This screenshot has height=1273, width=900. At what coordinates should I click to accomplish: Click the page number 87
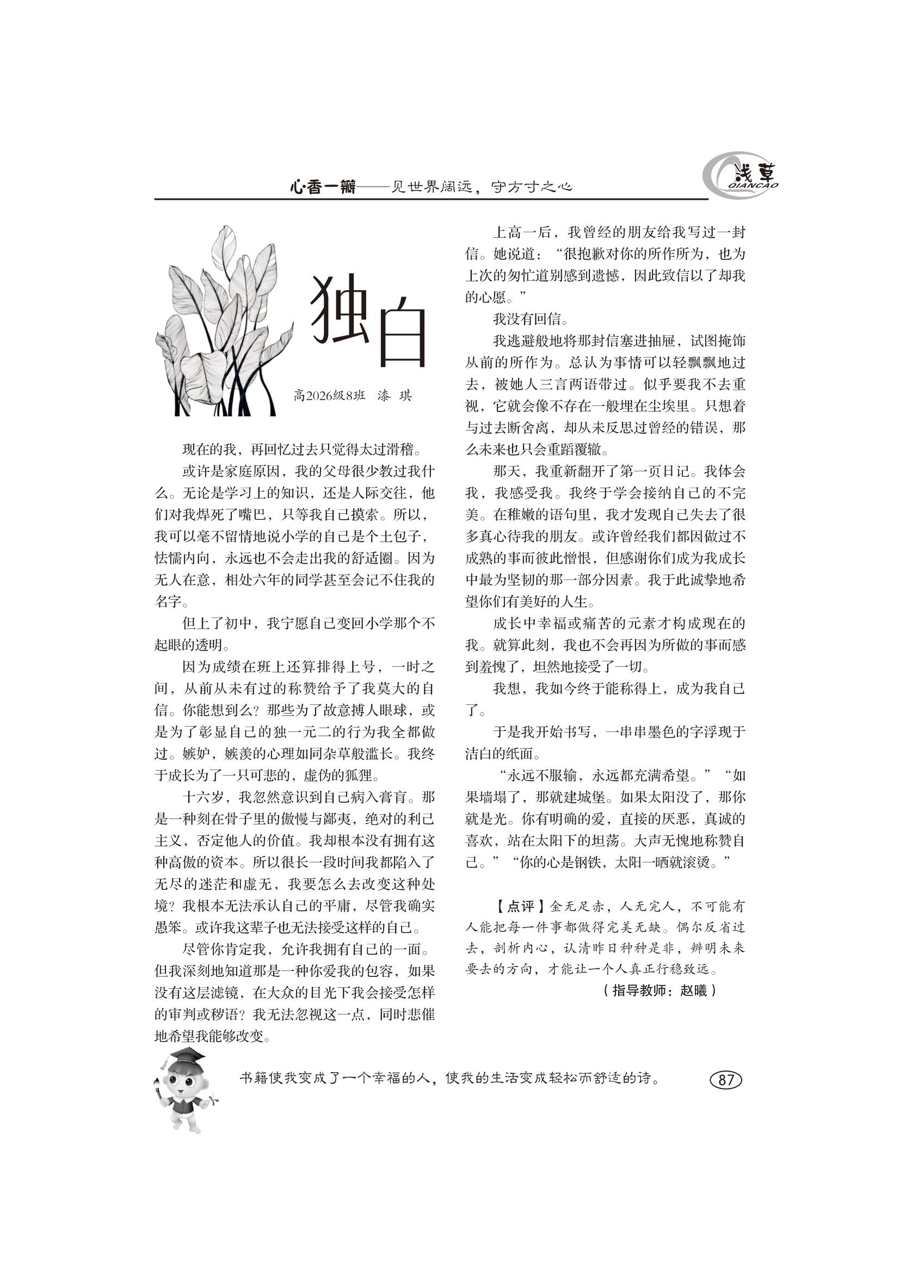pyautogui.click(x=725, y=1079)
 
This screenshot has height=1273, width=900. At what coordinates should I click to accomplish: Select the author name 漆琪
pyautogui.click(x=394, y=396)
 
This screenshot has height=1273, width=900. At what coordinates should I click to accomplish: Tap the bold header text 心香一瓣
pyautogui.click(x=323, y=187)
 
